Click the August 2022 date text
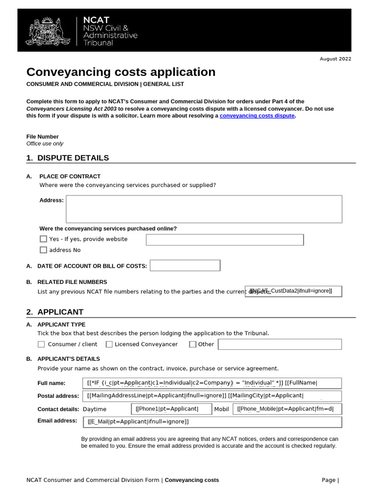coord(335,59)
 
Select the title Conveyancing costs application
coord(121,72)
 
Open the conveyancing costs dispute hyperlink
coord(257,116)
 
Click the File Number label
coord(42,136)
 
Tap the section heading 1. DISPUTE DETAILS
coord(67,158)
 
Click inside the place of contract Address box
coord(204,209)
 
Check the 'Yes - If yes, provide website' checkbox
coord(44,239)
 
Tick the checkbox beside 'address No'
coord(44,250)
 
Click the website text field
coord(224,239)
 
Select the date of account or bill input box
coord(185,266)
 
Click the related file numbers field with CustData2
coord(294,291)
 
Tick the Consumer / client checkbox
coord(41,344)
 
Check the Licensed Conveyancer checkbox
coord(109,344)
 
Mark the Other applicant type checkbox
coord(193,344)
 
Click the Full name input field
coord(213,383)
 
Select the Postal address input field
coord(213,396)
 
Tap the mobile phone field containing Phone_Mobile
coord(287,409)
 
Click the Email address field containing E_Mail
coord(213,422)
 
